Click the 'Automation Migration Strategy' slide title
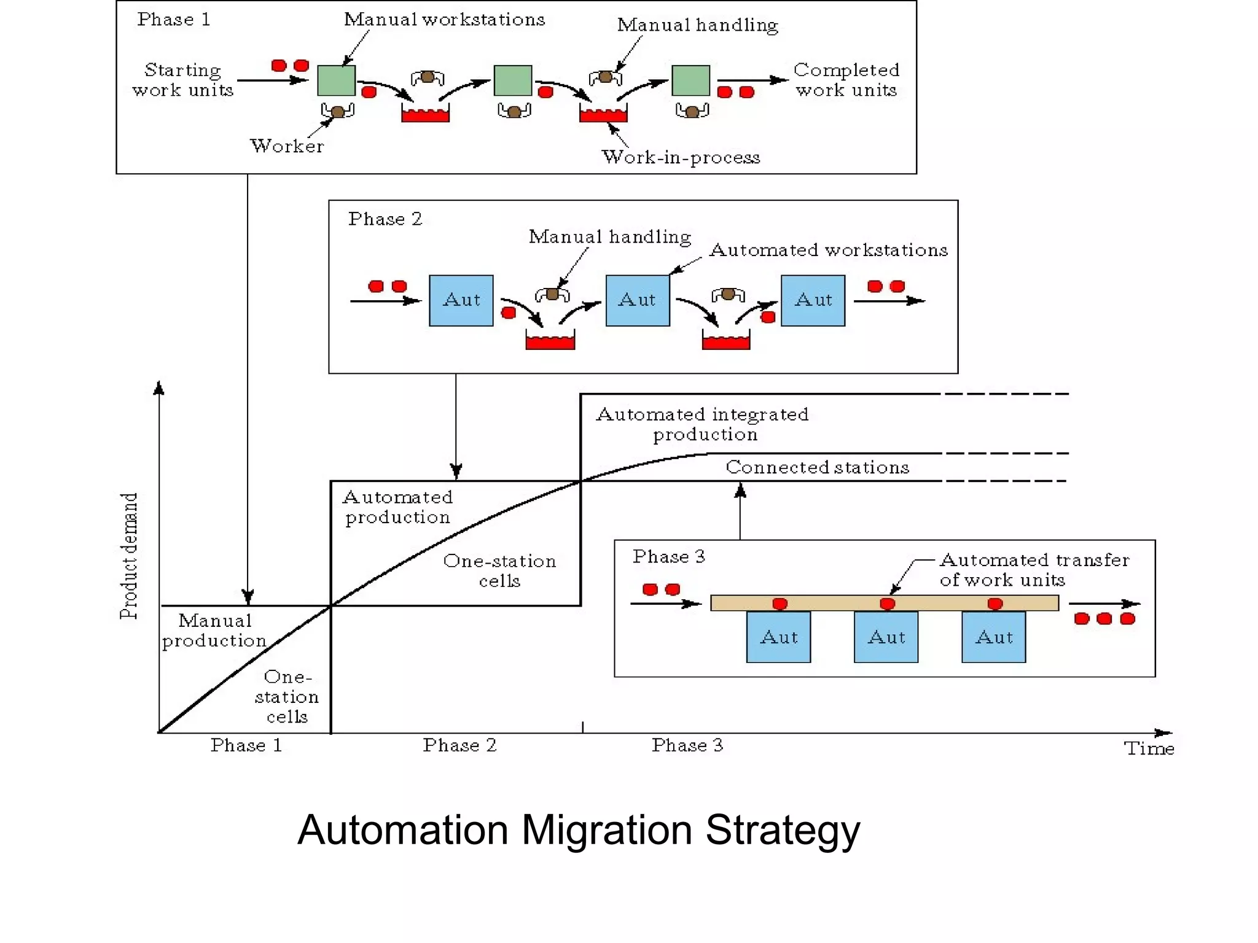[579, 830]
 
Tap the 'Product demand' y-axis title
[129, 556]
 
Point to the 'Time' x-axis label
[1149, 748]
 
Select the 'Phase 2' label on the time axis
[459, 745]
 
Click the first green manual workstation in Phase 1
[336, 80]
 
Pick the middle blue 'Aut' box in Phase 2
[638, 300]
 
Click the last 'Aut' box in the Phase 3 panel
[993, 637]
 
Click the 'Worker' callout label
[287, 146]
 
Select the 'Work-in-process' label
[681, 157]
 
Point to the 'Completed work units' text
[846, 80]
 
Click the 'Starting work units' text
[182, 80]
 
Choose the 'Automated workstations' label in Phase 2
[828, 250]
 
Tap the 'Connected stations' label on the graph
[817, 467]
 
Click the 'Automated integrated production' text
[703, 424]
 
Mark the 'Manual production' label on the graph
[214, 631]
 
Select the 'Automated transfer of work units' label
[1034, 570]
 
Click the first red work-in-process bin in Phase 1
[425, 114]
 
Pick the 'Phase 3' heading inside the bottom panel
[668, 557]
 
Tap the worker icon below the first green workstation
[337, 111]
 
